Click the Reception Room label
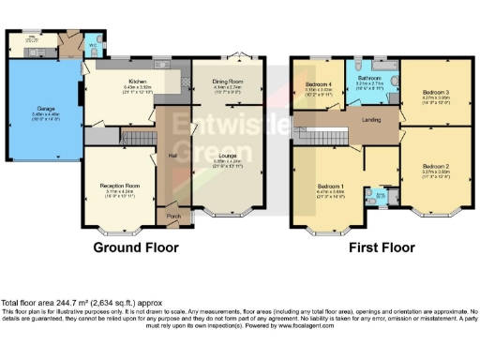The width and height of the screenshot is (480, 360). pyautogui.click(x=119, y=187)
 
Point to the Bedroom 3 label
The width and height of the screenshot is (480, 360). pyautogui.click(x=435, y=92)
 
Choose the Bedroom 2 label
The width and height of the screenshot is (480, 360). pyautogui.click(x=436, y=168)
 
